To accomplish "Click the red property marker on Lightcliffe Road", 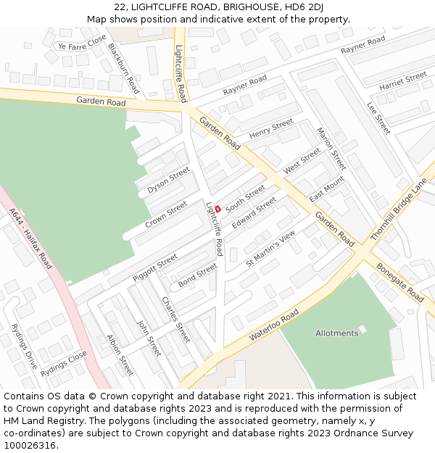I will (x=217, y=209).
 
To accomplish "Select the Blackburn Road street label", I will (x=123, y=68).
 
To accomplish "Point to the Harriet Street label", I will (x=403, y=80).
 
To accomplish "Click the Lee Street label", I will (x=378, y=117).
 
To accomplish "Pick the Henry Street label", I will (x=271, y=129).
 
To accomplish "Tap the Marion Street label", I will (x=331, y=149).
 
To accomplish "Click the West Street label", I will (x=302, y=161).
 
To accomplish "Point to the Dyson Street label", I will (x=168, y=180).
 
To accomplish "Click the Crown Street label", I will (x=166, y=214).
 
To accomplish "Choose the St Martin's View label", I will (x=270, y=249).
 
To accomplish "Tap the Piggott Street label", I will (x=155, y=267).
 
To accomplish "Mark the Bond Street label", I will (x=197, y=275).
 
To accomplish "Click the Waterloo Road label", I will (x=273, y=326).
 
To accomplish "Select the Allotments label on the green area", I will (x=336, y=333).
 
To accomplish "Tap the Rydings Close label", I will (x=64, y=363).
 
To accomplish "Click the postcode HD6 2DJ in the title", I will (x=304, y=7).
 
